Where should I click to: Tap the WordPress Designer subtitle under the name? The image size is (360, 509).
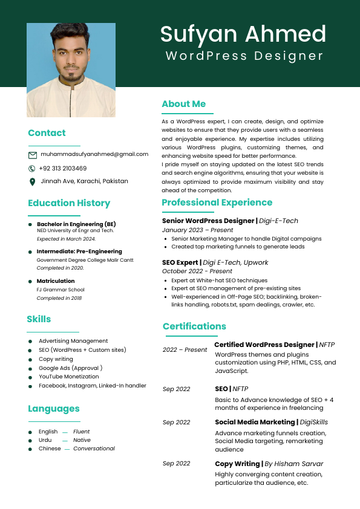click(x=244, y=56)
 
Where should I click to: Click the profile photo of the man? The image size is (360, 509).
click(x=71, y=70)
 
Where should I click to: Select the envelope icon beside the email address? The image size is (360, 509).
click(x=33, y=155)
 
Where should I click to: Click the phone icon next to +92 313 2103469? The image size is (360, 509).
click(x=32, y=169)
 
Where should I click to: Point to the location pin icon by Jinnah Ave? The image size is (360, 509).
click(x=32, y=181)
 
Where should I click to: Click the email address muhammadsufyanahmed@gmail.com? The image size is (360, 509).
click(x=94, y=154)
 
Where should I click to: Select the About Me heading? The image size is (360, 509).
click(x=183, y=104)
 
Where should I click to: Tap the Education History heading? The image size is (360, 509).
click(x=69, y=203)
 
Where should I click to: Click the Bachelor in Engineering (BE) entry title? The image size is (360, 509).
click(x=76, y=224)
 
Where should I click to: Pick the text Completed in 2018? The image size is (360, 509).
click(x=60, y=298)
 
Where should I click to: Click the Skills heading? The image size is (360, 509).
click(x=39, y=319)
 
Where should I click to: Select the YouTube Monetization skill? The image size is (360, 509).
click(x=69, y=377)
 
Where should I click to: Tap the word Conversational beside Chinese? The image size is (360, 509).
click(x=94, y=449)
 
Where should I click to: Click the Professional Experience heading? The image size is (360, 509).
click(x=217, y=203)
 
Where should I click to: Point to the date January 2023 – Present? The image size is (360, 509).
click(x=197, y=230)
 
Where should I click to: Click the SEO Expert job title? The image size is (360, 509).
click(x=180, y=262)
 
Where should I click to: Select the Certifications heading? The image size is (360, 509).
click(x=194, y=326)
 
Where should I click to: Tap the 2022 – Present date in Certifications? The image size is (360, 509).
click(x=185, y=350)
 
